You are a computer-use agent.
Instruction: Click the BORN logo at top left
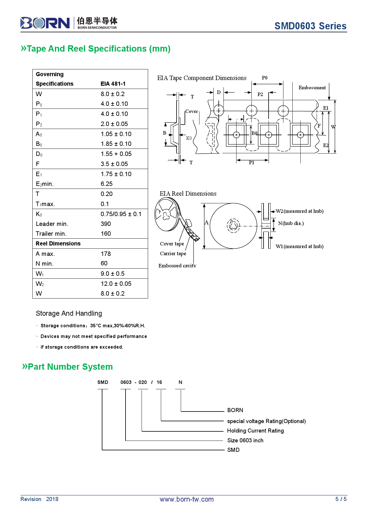45,23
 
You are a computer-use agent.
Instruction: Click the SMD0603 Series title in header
310,26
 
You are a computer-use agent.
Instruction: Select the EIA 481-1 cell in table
113,84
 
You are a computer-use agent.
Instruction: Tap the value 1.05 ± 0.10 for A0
116,134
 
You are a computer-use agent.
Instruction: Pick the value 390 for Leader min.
106,224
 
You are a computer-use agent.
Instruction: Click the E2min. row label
45,184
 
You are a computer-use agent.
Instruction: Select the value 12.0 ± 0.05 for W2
116,284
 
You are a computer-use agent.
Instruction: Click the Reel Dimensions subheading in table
58,244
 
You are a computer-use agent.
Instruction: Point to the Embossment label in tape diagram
312,88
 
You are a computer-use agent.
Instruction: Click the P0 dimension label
264,78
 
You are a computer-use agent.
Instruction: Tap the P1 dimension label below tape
251,162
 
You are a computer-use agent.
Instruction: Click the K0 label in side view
189,138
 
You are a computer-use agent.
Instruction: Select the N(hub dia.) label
291,223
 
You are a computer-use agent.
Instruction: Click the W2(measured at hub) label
299,211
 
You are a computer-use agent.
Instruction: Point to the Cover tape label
172,244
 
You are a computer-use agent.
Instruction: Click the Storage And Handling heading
69,313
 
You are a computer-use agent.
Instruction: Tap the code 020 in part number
142,382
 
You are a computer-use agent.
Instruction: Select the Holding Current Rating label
255,431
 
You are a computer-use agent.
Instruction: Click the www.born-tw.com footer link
187,499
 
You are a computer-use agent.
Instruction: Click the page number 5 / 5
341,499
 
